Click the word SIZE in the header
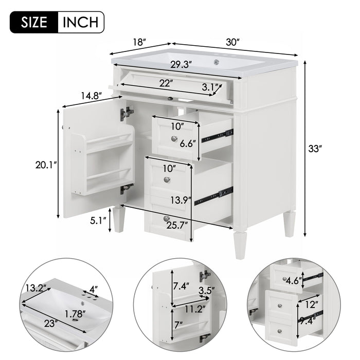[35, 22]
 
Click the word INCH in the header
[80, 22]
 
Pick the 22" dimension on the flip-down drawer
[165, 82]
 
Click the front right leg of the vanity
[240, 245]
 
